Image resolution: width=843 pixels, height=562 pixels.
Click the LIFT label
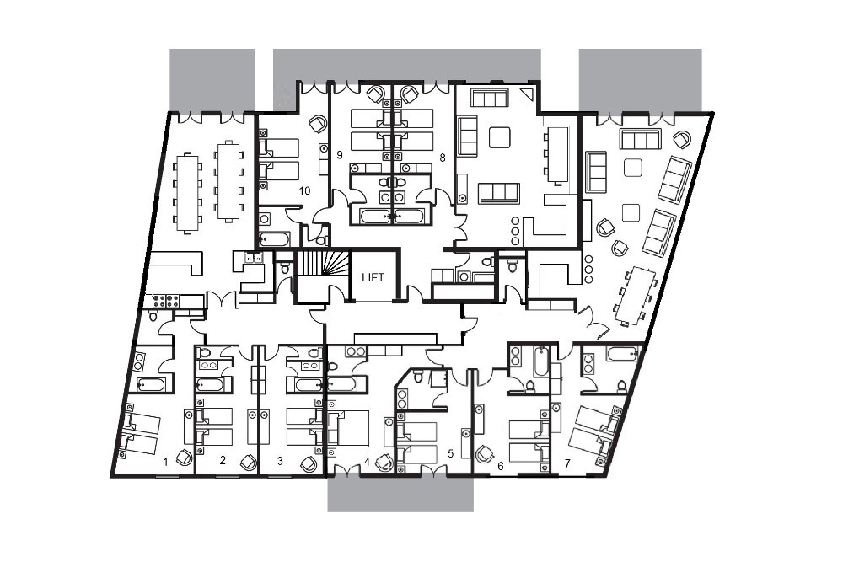coord(373,277)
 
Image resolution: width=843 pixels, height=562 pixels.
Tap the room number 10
coord(305,190)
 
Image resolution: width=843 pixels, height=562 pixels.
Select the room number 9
coord(339,155)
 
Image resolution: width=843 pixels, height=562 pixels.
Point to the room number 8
coord(443,158)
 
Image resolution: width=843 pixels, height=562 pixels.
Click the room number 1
coord(165,462)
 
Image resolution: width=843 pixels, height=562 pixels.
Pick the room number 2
coord(223,460)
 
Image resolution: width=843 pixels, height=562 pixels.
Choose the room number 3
coord(280,460)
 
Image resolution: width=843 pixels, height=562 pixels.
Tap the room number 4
coord(367,461)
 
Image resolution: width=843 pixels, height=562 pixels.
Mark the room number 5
coord(450,454)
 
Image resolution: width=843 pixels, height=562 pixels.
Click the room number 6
coord(501,466)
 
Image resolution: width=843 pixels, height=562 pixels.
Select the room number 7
coord(567,463)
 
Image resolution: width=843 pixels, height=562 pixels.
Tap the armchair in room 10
coord(318,124)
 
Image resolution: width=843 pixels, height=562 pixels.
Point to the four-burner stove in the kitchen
coord(165,301)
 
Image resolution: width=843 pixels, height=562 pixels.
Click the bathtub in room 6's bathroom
coord(540,361)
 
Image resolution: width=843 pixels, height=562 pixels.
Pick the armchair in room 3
coord(309,463)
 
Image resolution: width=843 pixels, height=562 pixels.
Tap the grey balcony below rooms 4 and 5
coord(400,494)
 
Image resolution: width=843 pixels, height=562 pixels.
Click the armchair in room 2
coord(249,462)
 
